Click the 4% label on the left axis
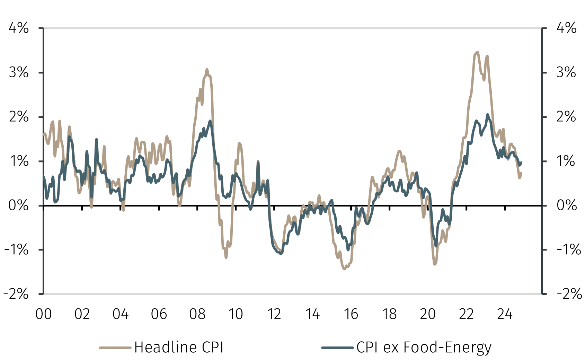(x=19, y=28)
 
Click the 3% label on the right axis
(x=566, y=72)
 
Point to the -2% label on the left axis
(x=16, y=294)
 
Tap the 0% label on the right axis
(x=567, y=205)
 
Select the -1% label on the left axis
(x=16, y=250)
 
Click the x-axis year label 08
(x=197, y=314)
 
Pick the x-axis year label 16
(x=351, y=314)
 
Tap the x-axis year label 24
(x=505, y=314)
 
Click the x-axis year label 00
(x=44, y=314)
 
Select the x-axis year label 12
(x=274, y=314)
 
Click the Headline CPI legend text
(x=179, y=347)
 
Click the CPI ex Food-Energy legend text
(x=424, y=347)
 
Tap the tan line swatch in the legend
(x=115, y=347)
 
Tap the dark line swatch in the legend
(x=337, y=347)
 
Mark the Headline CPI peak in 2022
(x=477, y=52)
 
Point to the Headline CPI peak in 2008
(x=207, y=69)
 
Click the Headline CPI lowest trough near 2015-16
(x=344, y=269)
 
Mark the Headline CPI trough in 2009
(x=226, y=257)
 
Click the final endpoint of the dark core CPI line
(x=521, y=162)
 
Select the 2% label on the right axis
(x=566, y=117)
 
